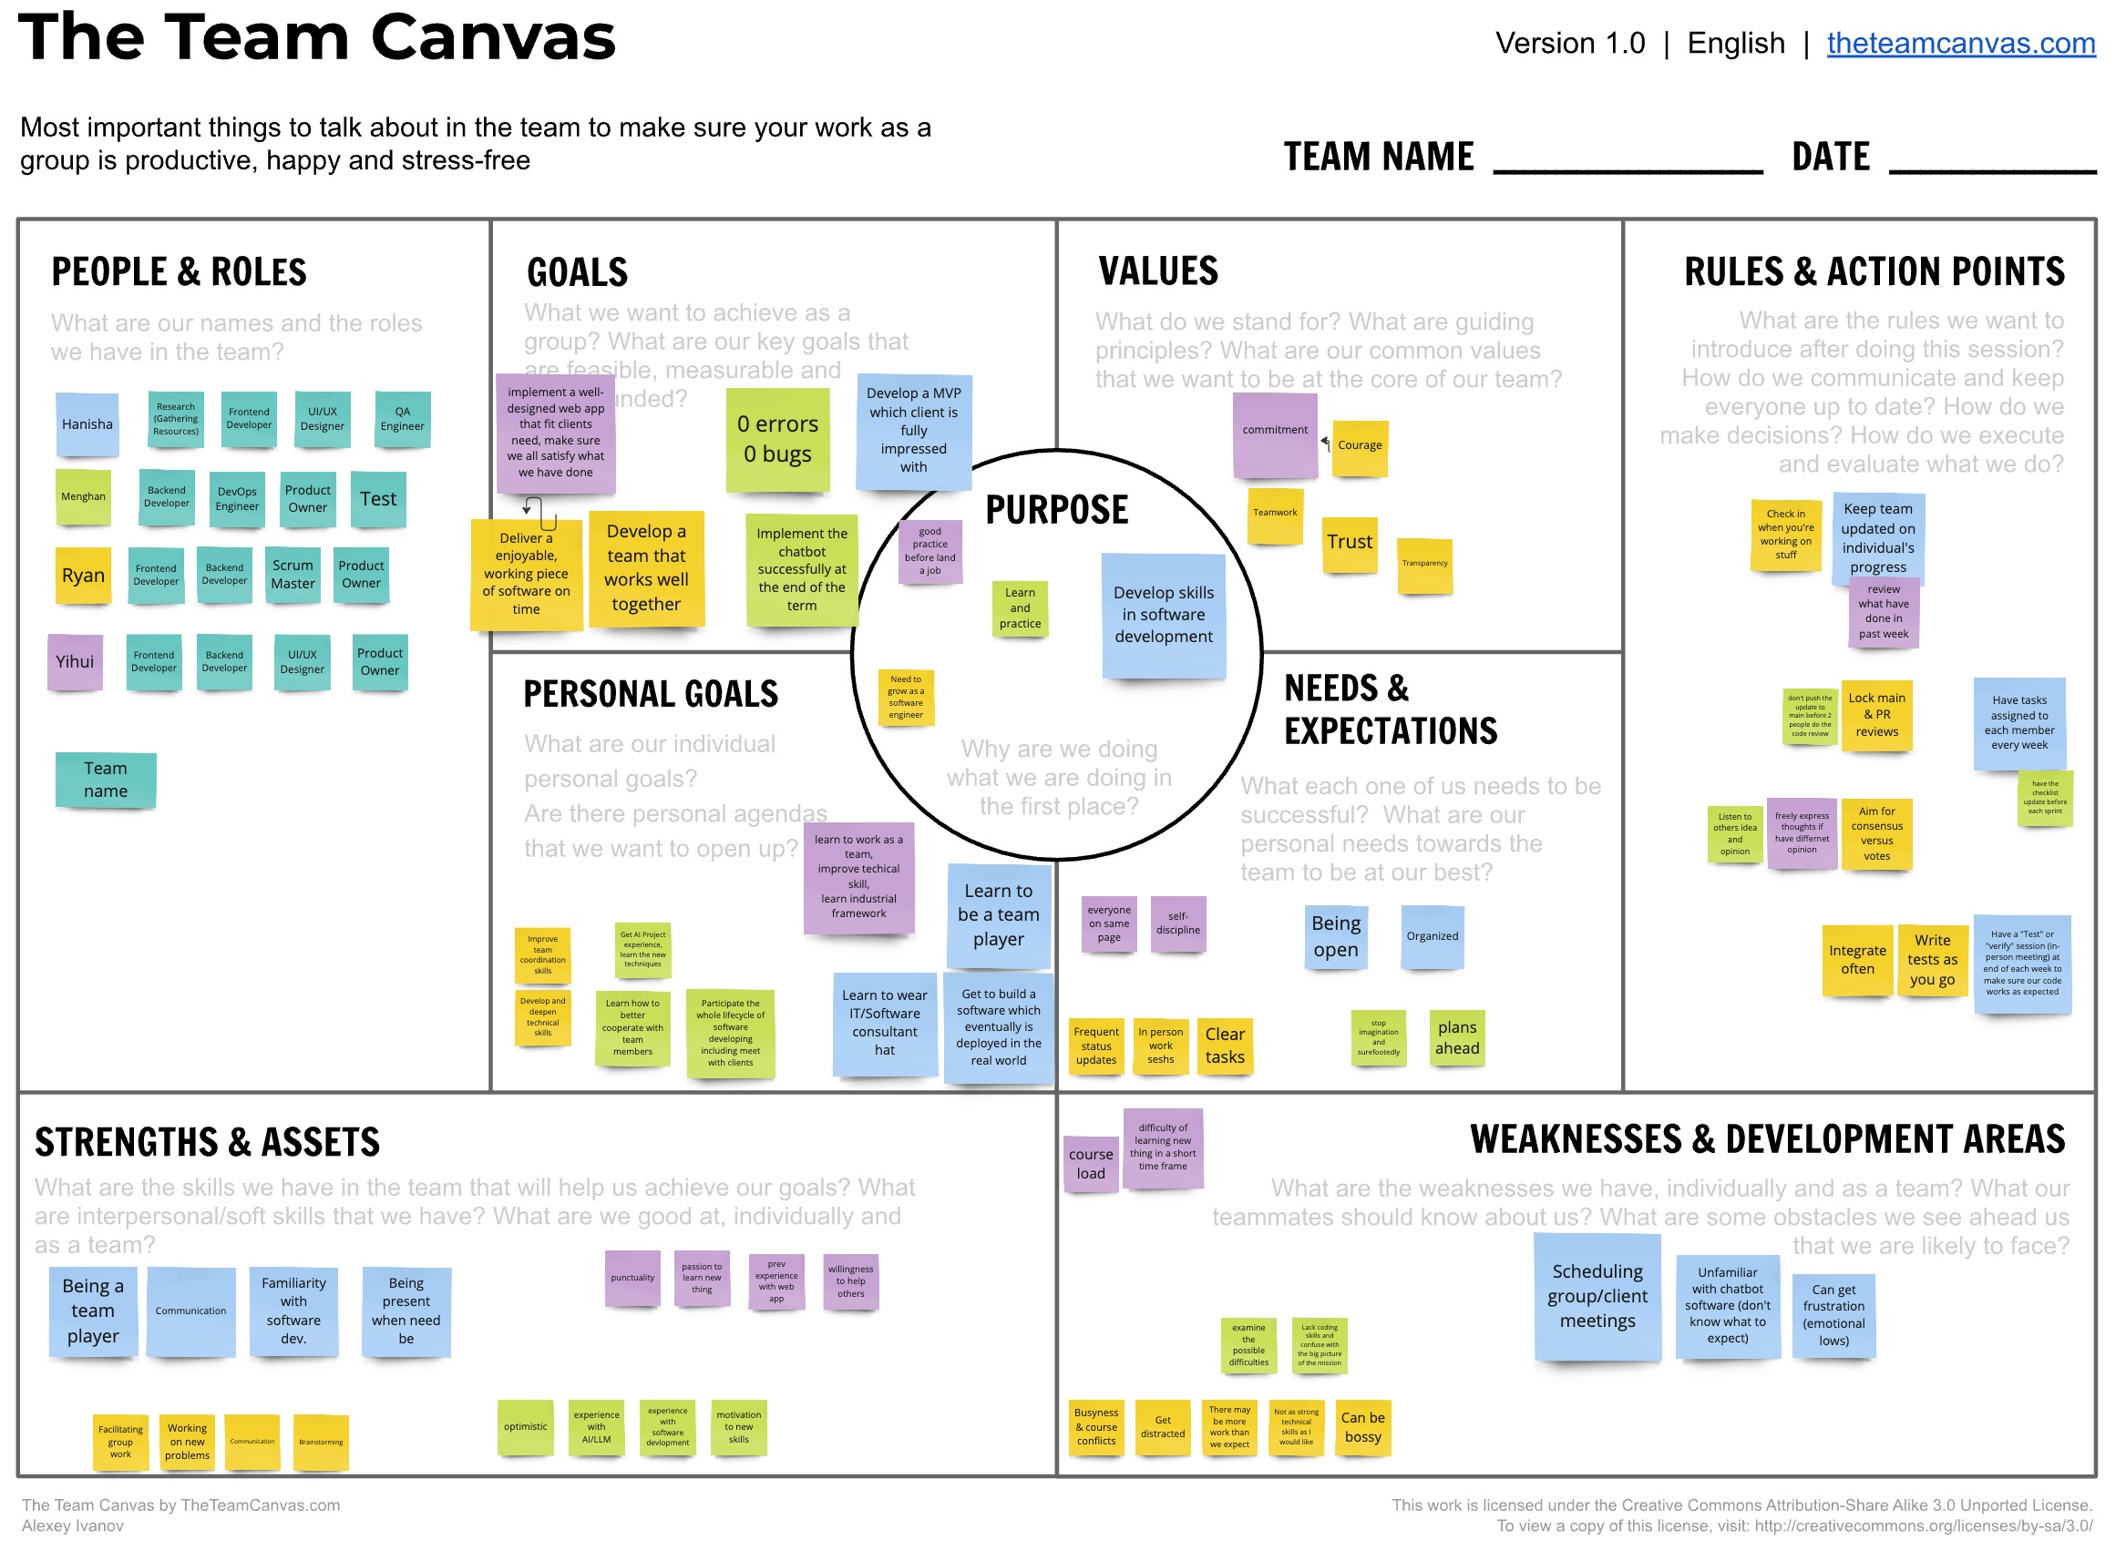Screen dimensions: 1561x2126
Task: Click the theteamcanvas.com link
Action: point(1959,44)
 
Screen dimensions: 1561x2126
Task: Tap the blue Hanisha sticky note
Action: point(87,424)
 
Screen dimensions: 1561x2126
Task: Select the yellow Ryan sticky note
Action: point(83,576)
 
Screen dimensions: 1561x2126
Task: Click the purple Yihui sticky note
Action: point(75,661)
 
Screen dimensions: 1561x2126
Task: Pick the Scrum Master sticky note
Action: point(293,575)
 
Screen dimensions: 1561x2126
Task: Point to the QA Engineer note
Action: point(403,419)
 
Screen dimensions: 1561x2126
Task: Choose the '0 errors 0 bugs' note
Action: point(777,439)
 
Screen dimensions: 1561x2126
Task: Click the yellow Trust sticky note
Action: point(1349,543)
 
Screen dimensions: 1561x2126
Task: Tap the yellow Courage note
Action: point(1360,446)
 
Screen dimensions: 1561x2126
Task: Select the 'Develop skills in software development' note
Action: point(1164,615)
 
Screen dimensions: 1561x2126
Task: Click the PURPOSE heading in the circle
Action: point(1057,510)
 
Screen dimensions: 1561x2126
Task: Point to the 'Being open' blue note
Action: point(1336,936)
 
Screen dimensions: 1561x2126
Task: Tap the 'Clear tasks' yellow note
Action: point(1225,1046)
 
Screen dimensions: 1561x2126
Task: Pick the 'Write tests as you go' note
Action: point(1932,960)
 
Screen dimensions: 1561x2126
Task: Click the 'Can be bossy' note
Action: point(1363,1428)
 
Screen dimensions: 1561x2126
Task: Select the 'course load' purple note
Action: point(1091,1164)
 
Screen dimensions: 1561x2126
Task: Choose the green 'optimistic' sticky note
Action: point(526,1427)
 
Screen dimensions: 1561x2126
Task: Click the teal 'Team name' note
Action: point(105,780)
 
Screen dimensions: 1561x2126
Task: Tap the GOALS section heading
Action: point(578,273)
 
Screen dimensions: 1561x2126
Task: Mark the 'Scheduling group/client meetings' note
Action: point(1597,1296)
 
